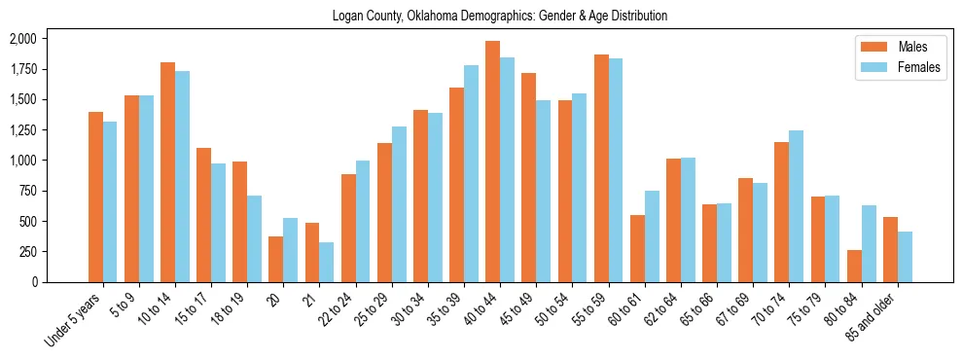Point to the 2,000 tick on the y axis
(22, 39)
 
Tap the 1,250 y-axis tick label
(22, 130)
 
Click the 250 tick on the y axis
(28, 252)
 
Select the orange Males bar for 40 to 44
(493, 162)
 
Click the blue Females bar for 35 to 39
(471, 173)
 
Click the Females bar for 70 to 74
(797, 206)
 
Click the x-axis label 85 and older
(873, 316)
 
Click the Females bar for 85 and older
(905, 257)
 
